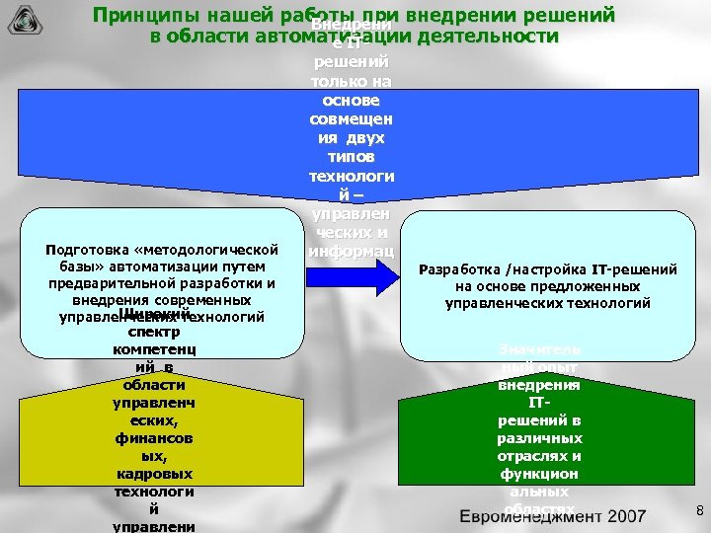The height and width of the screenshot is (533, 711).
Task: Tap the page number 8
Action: [699, 510]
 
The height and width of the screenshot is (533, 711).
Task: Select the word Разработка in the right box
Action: [459, 268]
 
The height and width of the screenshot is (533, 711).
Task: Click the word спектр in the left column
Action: [153, 332]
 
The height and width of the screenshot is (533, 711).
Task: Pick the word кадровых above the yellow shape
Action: [153, 474]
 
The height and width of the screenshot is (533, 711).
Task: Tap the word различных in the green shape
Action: [539, 437]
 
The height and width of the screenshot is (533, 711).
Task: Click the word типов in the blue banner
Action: [353, 157]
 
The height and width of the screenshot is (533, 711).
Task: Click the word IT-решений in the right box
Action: [635, 268]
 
